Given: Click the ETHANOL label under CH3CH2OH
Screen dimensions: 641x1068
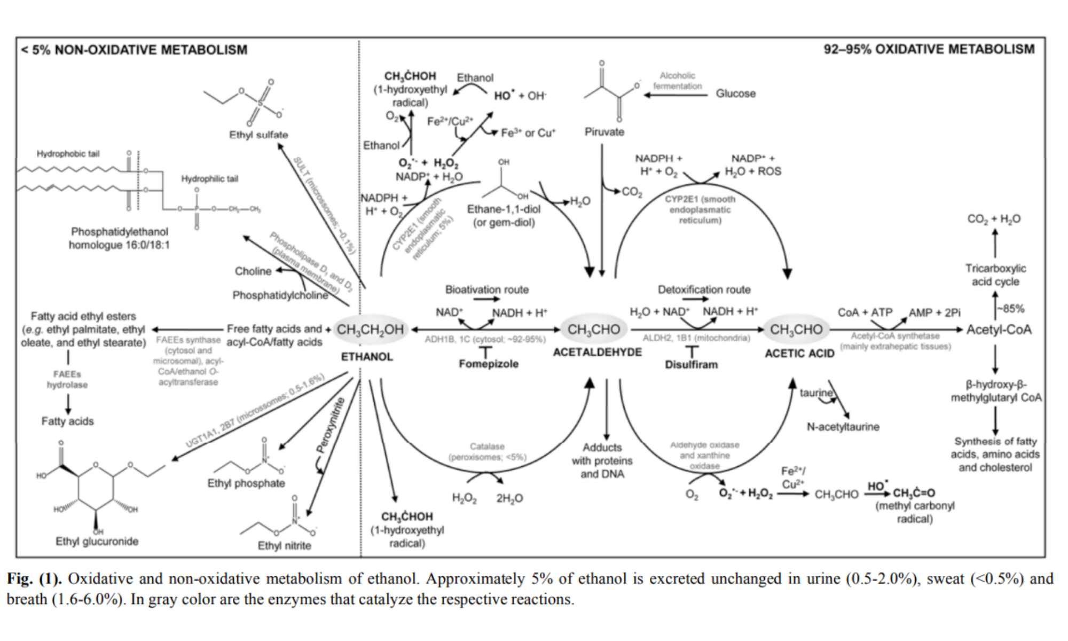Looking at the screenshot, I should (x=367, y=356).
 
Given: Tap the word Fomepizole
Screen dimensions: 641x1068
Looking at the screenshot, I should (x=488, y=364).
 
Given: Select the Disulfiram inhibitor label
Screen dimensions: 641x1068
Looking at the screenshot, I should (x=691, y=365).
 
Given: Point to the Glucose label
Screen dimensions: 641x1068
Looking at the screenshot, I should (x=735, y=93).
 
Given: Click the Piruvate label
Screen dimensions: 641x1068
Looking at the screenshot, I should (x=604, y=132).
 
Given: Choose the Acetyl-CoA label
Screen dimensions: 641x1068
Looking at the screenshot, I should (x=999, y=330).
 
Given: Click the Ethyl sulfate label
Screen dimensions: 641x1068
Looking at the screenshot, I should (x=258, y=135).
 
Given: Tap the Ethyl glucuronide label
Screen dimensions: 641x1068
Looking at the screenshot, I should (x=97, y=541).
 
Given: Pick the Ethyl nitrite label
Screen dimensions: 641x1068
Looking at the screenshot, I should (x=284, y=545).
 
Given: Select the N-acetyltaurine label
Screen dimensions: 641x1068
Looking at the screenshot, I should (x=843, y=427).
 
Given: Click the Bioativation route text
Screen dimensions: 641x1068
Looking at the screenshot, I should (x=487, y=290).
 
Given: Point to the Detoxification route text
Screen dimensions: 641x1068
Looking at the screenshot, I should (x=704, y=290).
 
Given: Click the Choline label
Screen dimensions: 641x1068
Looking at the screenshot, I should (x=253, y=271).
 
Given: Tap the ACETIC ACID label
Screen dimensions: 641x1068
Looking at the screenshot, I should (x=799, y=353).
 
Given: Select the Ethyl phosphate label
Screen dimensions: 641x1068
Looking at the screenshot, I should (x=246, y=483).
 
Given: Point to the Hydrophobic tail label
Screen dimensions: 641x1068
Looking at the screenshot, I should (x=68, y=154).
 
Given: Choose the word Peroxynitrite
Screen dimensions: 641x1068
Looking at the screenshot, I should (x=331, y=425).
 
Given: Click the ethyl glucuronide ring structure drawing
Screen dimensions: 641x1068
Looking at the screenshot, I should (x=96, y=486).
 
